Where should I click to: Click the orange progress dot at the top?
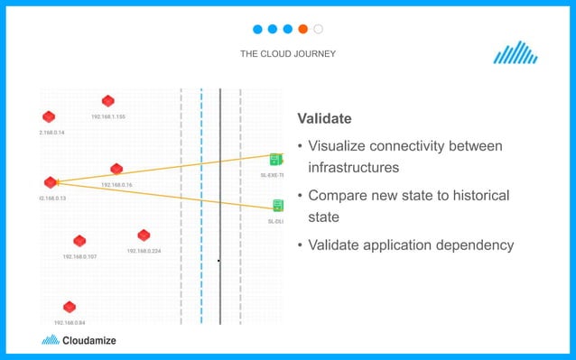click(303, 29)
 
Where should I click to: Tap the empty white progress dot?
click(319, 29)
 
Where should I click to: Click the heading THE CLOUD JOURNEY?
click(288, 54)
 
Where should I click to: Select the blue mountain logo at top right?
click(516, 53)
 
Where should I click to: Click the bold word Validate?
click(324, 119)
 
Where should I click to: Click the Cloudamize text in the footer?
click(89, 341)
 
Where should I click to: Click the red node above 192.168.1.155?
click(108, 101)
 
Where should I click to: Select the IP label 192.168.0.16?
click(116, 185)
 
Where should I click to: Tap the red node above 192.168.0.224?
click(144, 235)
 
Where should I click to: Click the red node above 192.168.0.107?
click(79, 241)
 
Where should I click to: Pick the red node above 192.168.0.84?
click(70, 307)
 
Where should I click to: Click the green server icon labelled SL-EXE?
click(275, 160)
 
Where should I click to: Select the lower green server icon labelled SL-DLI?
click(278, 206)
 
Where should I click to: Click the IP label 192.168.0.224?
click(144, 251)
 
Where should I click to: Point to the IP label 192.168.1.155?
click(108, 116)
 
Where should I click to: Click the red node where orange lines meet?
click(51, 182)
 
